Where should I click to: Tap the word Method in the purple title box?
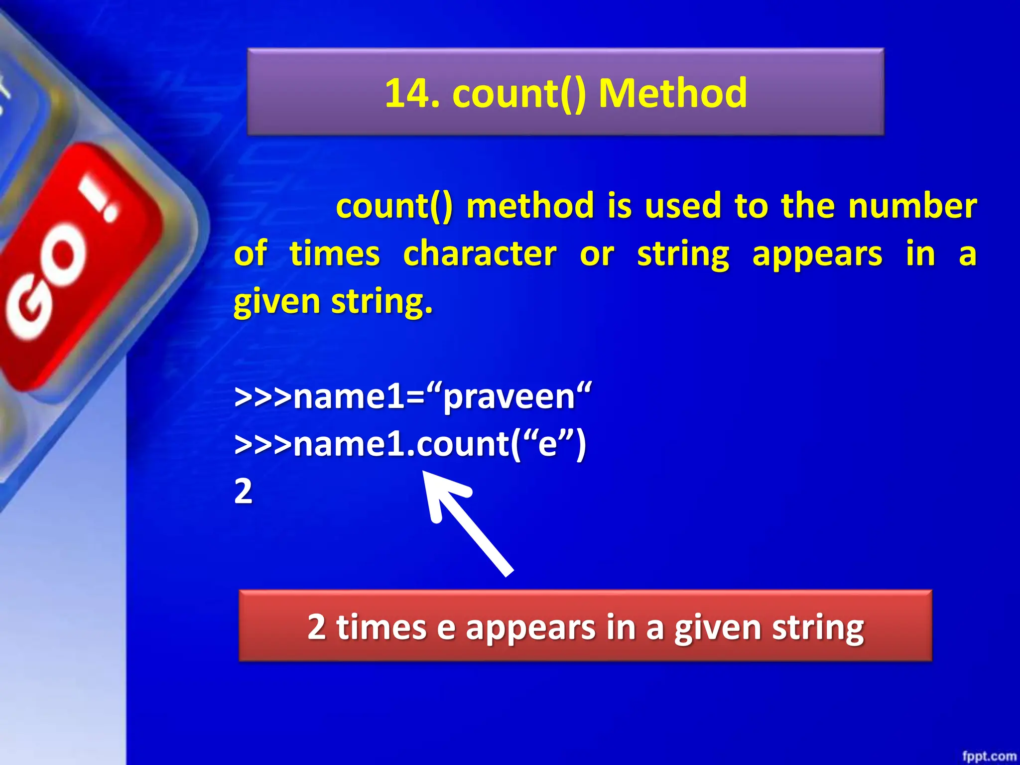pyautogui.click(x=672, y=94)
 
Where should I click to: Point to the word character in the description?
pyautogui.click(x=480, y=254)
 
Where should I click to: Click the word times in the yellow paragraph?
pyautogui.click(x=335, y=254)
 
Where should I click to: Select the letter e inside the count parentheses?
pyautogui.click(x=547, y=445)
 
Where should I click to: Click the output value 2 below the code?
pyautogui.click(x=244, y=492)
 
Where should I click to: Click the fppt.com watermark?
pyautogui.click(x=989, y=756)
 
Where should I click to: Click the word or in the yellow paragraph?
pyautogui.click(x=597, y=254)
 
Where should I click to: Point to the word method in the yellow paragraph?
pyautogui.click(x=530, y=206)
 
